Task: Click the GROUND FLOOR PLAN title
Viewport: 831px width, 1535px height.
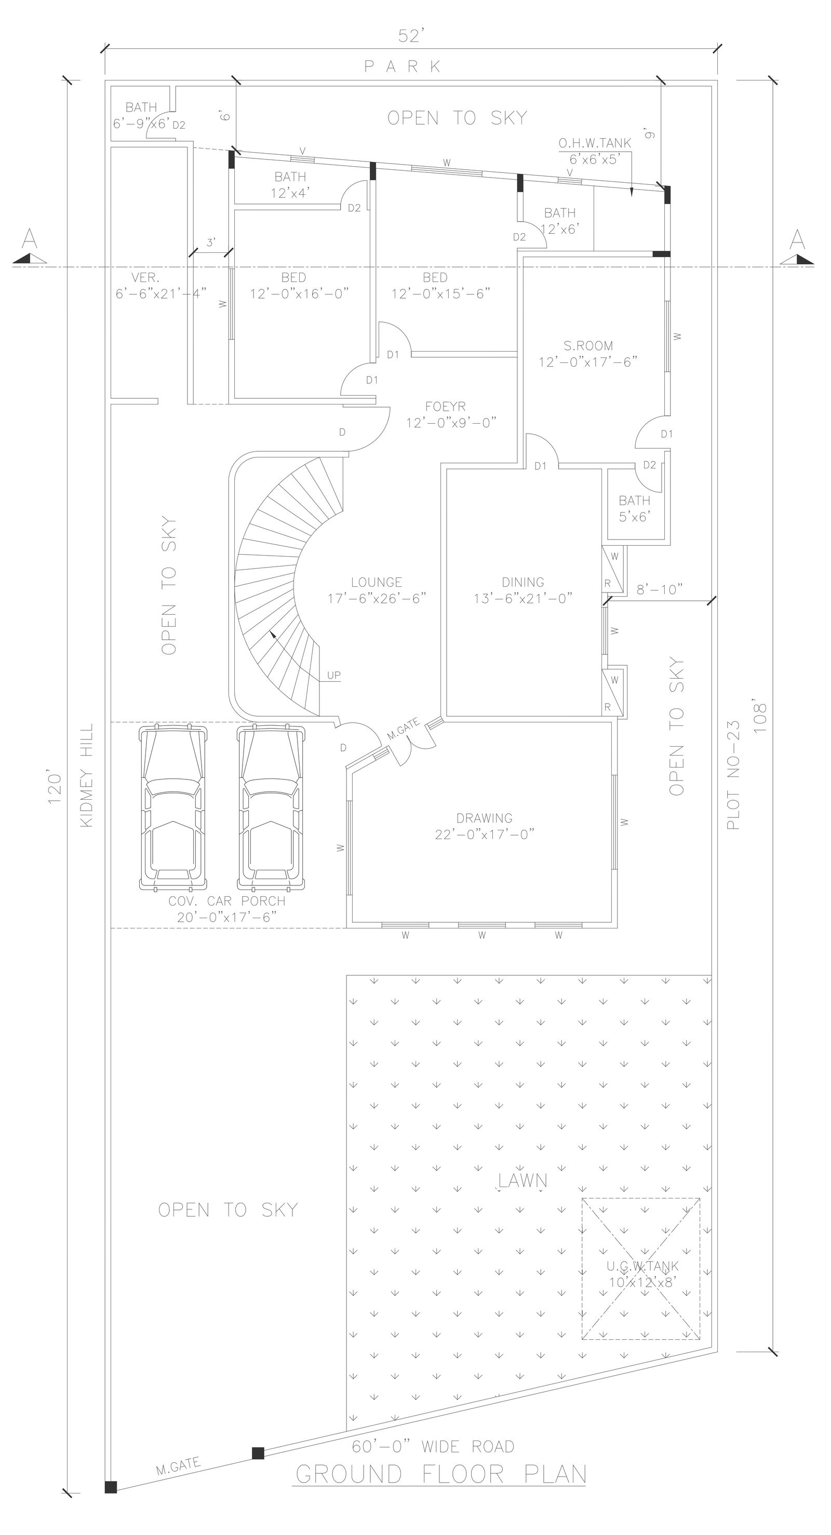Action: point(440,1474)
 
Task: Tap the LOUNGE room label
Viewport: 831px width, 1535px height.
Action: point(376,590)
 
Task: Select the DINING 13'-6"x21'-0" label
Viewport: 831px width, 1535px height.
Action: point(523,590)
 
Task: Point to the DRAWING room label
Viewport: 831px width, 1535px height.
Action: point(484,826)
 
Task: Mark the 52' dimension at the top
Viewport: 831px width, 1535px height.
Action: point(410,37)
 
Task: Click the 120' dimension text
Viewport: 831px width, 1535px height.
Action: point(55,788)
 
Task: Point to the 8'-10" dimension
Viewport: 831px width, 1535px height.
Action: point(659,589)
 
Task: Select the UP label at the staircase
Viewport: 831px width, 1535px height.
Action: point(333,675)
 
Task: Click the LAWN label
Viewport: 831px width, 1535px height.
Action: point(522,1180)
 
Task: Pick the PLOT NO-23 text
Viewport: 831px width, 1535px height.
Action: point(733,775)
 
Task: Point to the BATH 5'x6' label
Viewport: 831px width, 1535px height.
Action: point(634,508)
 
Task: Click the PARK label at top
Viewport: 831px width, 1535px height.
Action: point(404,66)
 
